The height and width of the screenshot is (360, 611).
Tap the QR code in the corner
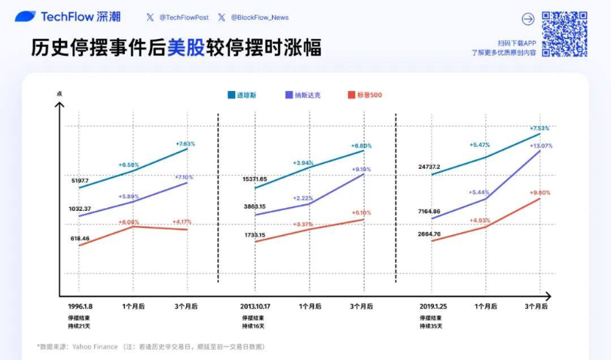click(x=564, y=34)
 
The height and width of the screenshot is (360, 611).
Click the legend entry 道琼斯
click(x=245, y=94)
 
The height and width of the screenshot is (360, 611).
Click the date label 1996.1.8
click(x=80, y=307)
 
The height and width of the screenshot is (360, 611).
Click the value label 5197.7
click(x=80, y=181)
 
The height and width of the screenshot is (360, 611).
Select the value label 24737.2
click(x=434, y=167)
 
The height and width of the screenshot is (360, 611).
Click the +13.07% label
click(x=541, y=146)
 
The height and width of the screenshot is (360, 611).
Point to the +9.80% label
click(x=540, y=192)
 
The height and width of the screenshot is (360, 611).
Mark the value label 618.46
click(x=80, y=239)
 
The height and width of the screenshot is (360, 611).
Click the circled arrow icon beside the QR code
click(x=528, y=19)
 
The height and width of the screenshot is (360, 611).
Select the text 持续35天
click(x=431, y=326)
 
